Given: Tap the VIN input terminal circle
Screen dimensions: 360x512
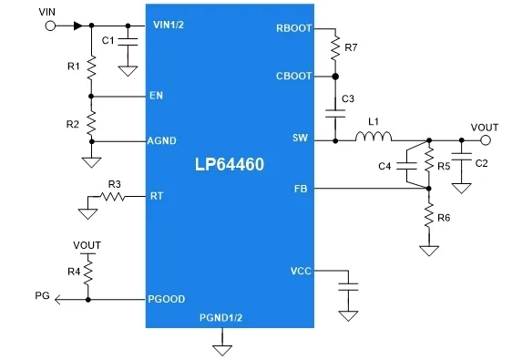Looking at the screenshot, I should [49, 26].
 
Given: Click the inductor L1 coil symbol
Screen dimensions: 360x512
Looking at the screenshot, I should [374, 139].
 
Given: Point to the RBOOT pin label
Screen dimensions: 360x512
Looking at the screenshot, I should [292, 28].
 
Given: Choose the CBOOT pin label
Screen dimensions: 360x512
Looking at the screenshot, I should [292, 76].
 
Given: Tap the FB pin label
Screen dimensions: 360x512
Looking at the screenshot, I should [302, 189].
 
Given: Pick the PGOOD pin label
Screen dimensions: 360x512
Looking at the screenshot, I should [166, 299].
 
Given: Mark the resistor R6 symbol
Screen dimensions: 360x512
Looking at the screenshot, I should [425, 218].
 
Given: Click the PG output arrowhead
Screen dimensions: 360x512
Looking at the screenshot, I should [57, 299].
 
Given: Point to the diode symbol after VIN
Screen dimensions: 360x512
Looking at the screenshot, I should [77, 26].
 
